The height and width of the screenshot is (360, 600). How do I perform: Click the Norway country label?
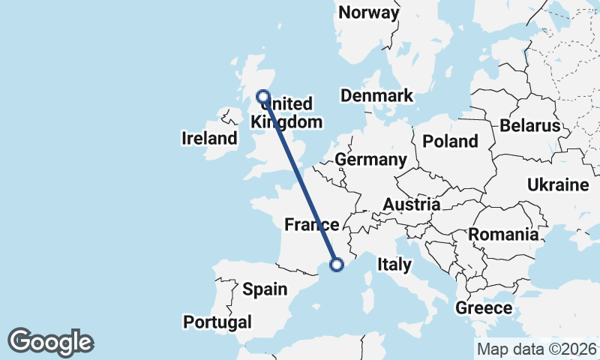(x=368, y=13)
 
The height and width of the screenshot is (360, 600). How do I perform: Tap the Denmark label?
(x=376, y=96)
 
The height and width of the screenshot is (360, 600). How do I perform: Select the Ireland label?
(x=209, y=138)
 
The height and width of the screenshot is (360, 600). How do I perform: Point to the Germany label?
(x=370, y=160)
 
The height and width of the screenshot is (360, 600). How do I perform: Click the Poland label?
(x=450, y=141)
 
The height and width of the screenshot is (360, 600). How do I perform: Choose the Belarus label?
(x=530, y=125)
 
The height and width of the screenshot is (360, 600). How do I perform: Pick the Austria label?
(x=411, y=205)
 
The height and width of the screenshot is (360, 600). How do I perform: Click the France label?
(x=311, y=224)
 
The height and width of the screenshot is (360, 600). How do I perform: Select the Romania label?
(x=503, y=235)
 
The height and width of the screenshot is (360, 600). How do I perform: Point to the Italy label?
(x=394, y=264)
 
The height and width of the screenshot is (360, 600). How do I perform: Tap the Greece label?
(x=484, y=307)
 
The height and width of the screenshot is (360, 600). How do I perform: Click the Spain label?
(x=265, y=289)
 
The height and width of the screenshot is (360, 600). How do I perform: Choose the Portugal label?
(x=217, y=322)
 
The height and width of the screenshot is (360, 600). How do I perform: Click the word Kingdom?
(x=287, y=122)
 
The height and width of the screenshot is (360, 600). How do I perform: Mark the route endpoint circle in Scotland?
(x=263, y=96)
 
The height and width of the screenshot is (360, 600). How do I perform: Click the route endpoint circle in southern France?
(x=337, y=264)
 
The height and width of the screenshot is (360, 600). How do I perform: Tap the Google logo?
(x=50, y=342)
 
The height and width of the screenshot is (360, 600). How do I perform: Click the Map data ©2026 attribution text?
(x=535, y=349)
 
